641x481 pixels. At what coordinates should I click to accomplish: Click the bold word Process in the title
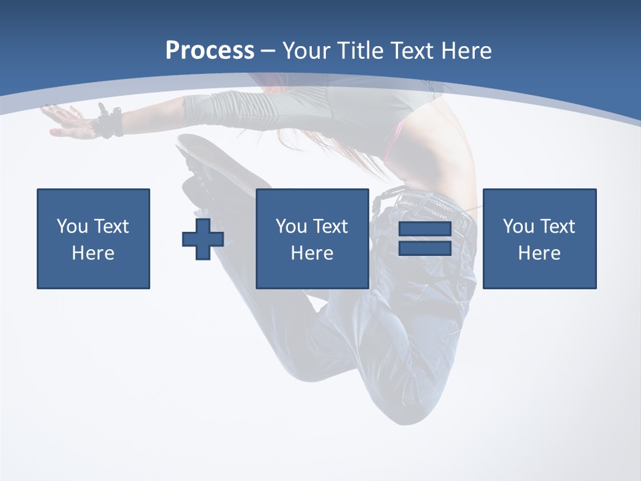click(x=210, y=51)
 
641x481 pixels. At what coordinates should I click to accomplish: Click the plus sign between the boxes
click(x=203, y=238)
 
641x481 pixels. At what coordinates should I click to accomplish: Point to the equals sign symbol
click(x=425, y=238)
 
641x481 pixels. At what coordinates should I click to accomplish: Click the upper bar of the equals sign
click(x=425, y=229)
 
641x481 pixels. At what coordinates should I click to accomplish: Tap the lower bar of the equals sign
click(x=425, y=248)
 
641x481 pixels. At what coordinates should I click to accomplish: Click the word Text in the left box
click(x=112, y=226)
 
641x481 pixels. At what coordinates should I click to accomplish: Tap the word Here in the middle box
click(x=312, y=253)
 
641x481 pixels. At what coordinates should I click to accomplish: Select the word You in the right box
click(x=518, y=226)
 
